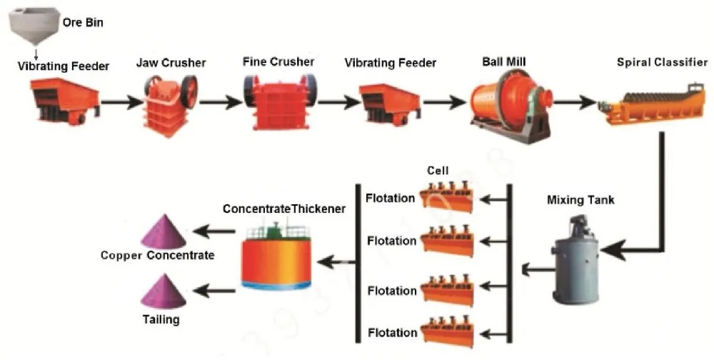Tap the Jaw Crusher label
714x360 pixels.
pyautogui.click(x=171, y=63)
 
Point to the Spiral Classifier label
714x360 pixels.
pyautogui.click(x=662, y=62)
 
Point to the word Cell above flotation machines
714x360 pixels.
pyautogui.click(x=437, y=171)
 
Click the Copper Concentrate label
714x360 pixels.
pyautogui.click(x=157, y=255)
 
